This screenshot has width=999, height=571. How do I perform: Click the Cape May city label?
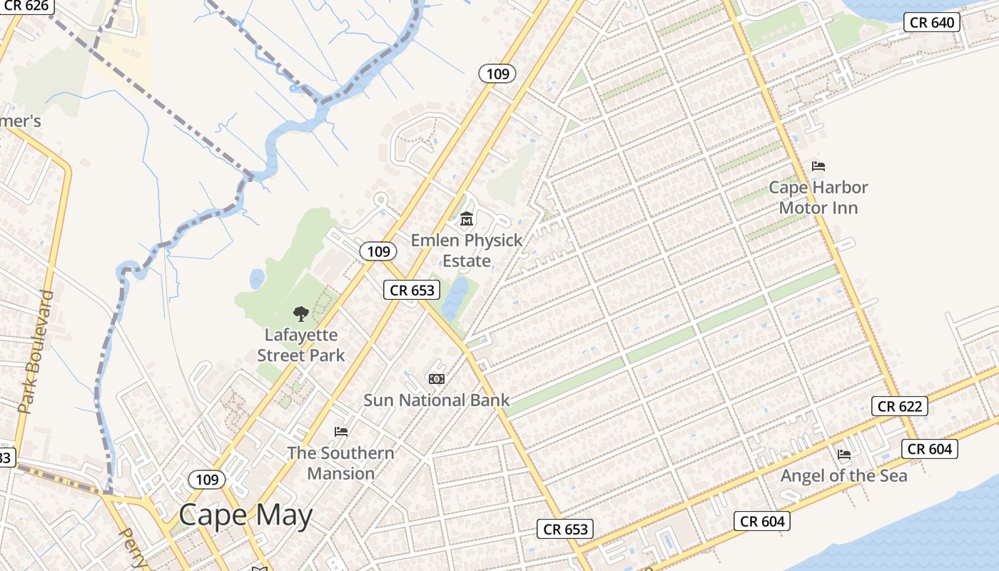coord(245,515)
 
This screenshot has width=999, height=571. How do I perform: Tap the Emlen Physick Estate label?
coord(467,251)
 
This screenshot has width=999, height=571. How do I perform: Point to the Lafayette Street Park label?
coord(301,345)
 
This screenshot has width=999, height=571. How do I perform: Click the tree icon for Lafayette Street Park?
coord(301,313)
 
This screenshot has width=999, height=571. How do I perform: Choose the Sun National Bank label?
coord(437,400)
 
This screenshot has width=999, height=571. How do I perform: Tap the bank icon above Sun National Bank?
coord(436,378)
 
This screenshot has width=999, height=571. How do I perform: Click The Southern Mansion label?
coord(340,463)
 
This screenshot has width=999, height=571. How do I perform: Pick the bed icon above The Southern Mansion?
coord(341,431)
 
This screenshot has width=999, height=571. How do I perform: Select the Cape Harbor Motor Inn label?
coord(818,198)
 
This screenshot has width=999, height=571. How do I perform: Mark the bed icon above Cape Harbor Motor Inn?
coord(818,166)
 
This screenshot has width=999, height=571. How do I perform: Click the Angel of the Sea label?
coord(844,475)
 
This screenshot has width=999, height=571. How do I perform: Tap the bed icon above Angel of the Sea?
coord(844,454)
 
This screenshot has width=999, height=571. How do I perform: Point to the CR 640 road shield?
coord(932,22)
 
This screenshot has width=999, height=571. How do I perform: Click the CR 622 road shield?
coord(900,406)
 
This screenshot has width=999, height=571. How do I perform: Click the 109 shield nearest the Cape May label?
coord(207,479)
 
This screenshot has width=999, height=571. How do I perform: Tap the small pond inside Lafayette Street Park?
coord(257,278)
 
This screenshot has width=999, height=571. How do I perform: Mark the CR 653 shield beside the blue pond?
coord(412,290)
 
